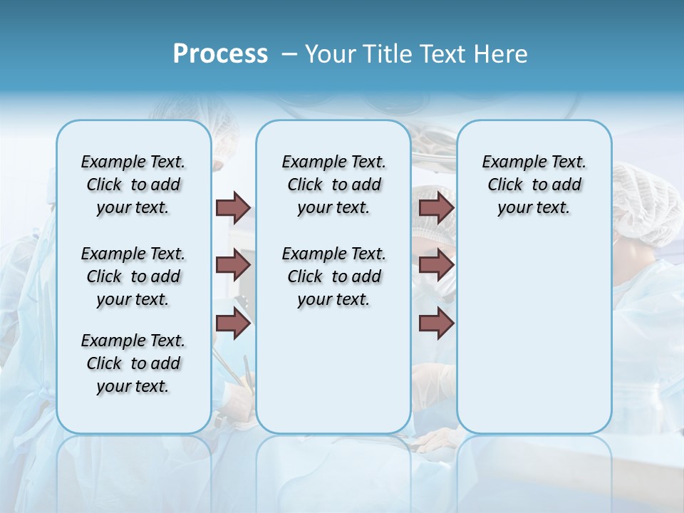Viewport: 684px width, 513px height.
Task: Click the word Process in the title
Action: point(220,53)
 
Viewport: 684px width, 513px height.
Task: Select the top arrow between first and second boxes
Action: point(233,208)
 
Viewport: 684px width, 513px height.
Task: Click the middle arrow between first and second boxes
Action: point(233,266)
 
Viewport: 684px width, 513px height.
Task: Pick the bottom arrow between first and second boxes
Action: point(233,324)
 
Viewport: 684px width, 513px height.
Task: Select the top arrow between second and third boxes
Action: point(436,208)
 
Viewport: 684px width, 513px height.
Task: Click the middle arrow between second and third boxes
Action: point(436,266)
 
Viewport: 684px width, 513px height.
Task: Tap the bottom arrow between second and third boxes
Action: point(436,324)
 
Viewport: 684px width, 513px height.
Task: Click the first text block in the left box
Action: point(133,185)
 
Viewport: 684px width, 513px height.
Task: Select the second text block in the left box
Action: point(133,276)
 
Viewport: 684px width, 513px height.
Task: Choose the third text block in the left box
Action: point(133,363)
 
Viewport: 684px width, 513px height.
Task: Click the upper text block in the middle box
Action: point(333,185)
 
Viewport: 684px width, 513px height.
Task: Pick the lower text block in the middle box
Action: point(333,276)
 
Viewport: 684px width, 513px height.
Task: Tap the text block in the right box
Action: point(534,185)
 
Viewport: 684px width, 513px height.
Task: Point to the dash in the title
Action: point(289,54)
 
